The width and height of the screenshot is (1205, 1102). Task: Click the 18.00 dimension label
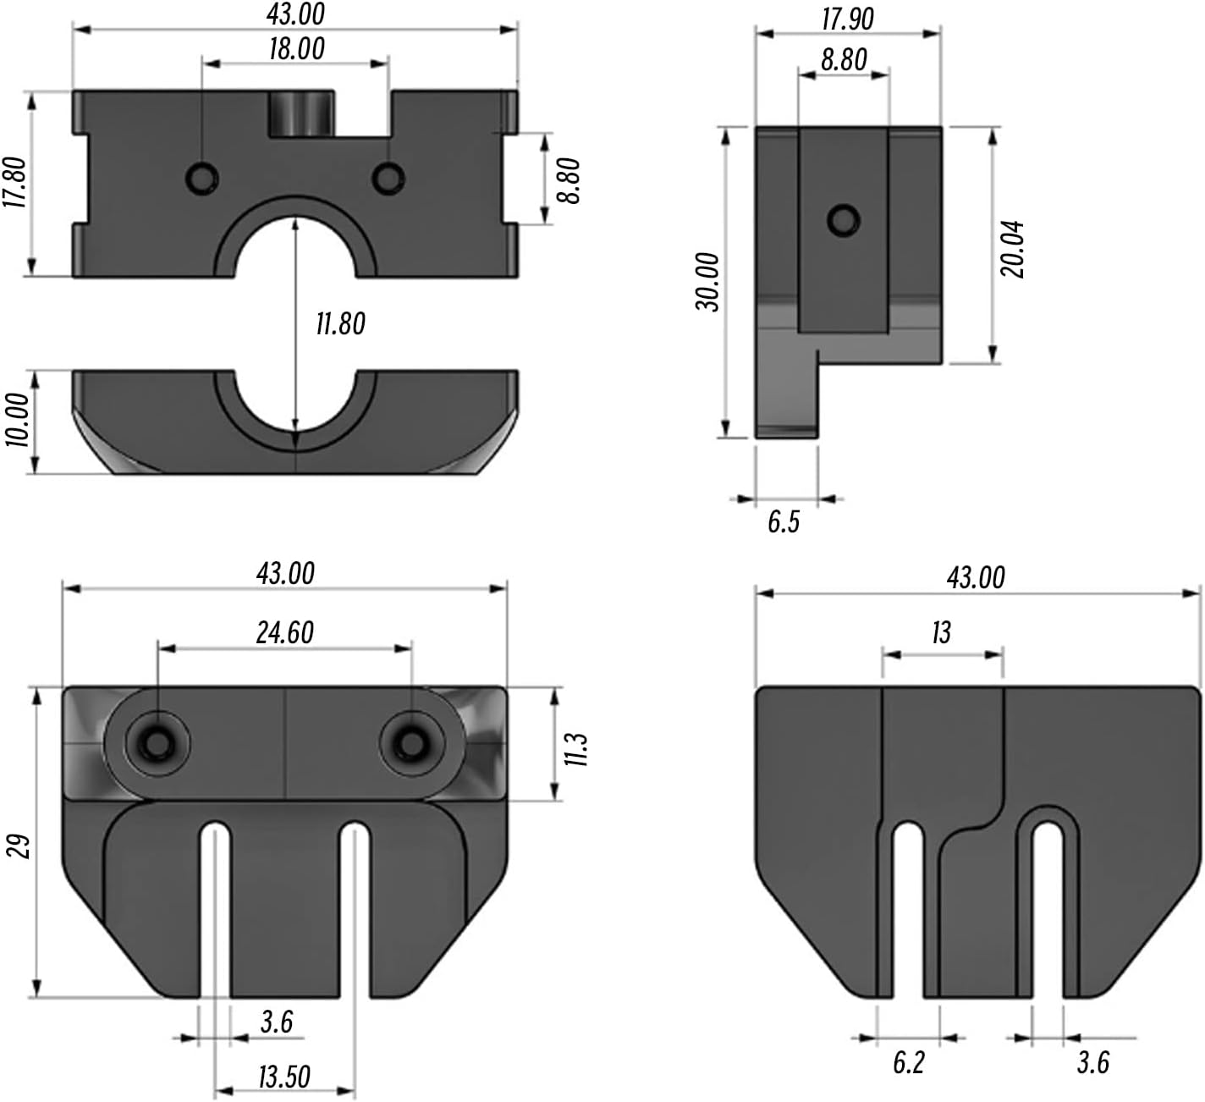(x=296, y=49)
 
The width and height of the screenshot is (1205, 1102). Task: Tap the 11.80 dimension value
(x=340, y=323)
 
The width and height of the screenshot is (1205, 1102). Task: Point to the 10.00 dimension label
(x=16, y=420)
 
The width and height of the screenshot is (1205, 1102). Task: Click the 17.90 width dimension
(x=848, y=19)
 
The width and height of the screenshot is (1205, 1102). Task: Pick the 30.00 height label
(x=707, y=282)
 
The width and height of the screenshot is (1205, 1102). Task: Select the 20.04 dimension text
(x=1013, y=249)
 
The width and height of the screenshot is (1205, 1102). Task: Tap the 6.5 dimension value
(x=784, y=521)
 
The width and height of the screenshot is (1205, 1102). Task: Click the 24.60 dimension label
(x=285, y=632)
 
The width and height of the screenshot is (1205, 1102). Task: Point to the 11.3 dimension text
(x=576, y=749)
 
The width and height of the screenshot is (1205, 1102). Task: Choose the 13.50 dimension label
(x=284, y=1077)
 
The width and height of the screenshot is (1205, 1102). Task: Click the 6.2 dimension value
(x=909, y=1062)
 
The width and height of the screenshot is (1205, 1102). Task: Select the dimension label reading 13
(x=941, y=632)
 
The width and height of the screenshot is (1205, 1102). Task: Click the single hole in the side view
(x=843, y=220)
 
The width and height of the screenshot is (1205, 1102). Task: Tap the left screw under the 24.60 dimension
(x=157, y=743)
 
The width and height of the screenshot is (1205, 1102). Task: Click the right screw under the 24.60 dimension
(x=412, y=743)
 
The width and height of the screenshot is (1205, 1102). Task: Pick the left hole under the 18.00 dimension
(x=202, y=178)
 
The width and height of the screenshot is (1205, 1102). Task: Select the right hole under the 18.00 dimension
(x=388, y=178)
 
